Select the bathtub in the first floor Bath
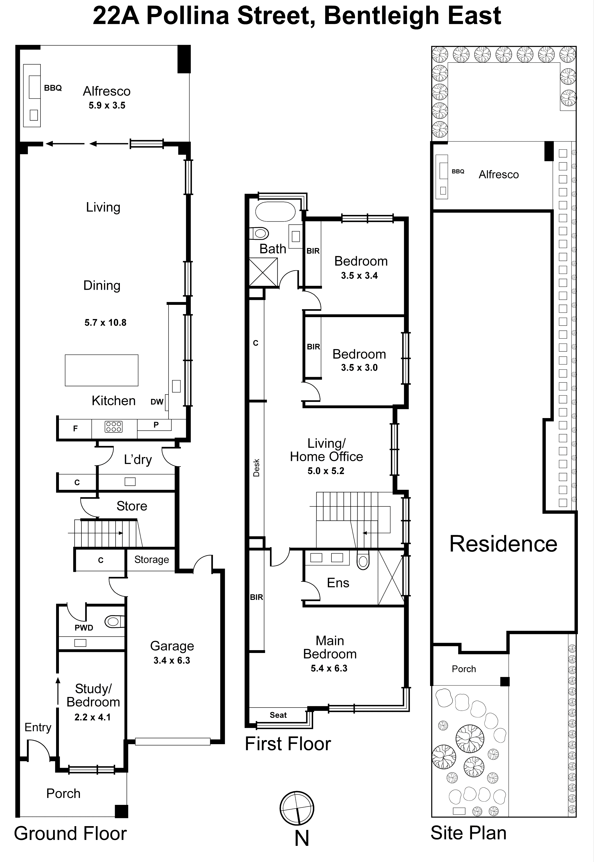[x=275, y=212]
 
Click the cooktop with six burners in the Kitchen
[x=113, y=427]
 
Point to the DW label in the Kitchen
[x=157, y=402]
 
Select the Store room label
[x=132, y=506]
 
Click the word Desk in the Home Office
[x=256, y=468]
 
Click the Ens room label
[x=338, y=583]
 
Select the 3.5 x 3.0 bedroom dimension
[x=359, y=368]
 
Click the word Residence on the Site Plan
[x=503, y=544]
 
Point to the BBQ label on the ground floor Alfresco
[x=53, y=88]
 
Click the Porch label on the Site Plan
[x=464, y=669]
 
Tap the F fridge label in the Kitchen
[x=75, y=428]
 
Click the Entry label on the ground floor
[x=38, y=727]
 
